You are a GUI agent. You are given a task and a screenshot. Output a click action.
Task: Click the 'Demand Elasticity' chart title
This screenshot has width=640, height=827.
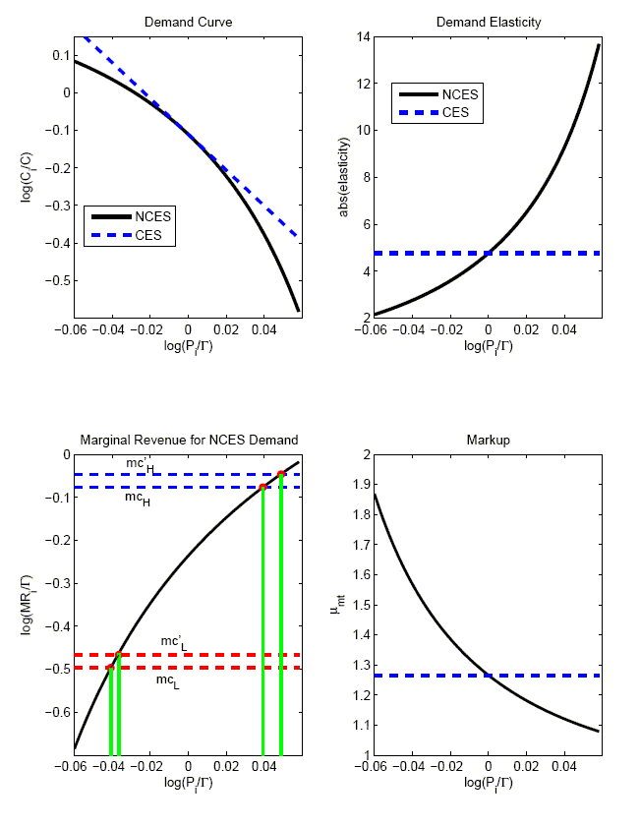coord(488,22)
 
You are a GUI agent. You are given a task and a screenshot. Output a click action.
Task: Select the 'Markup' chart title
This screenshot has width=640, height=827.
coord(488,440)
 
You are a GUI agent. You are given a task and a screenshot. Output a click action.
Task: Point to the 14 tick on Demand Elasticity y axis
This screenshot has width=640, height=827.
coord(362,37)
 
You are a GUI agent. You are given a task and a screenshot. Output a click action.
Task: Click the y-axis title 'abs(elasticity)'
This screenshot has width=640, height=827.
coord(346,177)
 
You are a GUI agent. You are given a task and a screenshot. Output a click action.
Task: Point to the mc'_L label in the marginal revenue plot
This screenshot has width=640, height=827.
coord(173,643)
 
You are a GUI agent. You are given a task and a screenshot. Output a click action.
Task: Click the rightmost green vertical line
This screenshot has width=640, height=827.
coord(281,610)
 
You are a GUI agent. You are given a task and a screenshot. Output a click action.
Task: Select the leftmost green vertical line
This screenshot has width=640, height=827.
coord(111,708)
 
